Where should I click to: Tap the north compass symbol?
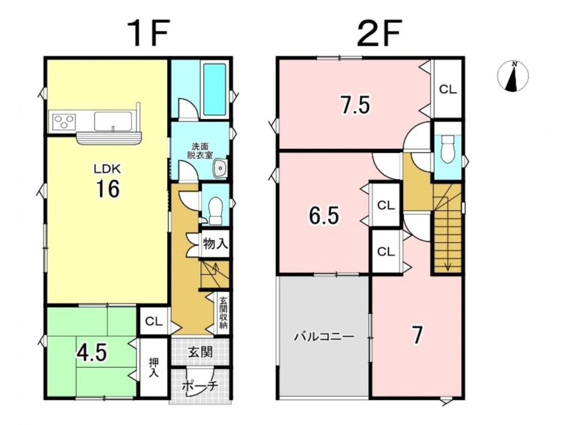(x=513, y=76)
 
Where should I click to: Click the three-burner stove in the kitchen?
(x=64, y=121)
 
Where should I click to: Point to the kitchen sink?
(x=113, y=121)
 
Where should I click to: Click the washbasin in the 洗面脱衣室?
(x=219, y=169)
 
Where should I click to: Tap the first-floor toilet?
(x=216, y=210)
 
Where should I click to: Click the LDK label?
(x=107, y=169)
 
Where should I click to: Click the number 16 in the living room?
(x=108, y=189)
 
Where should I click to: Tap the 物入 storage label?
(x=215, y=244)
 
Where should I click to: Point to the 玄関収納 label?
(x=223, y=312)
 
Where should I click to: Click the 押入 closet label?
(x=154, y=368)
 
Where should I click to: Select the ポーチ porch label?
(x=200, y=385)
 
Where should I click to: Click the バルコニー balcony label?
(x=324, y=337)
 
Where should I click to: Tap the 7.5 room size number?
(x=355, y=105)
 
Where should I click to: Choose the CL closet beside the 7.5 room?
(x=448, y=89)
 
